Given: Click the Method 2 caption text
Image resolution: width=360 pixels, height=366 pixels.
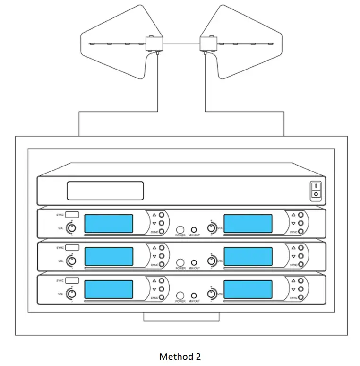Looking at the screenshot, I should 180,357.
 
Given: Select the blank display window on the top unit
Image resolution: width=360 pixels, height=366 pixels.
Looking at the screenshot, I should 105,191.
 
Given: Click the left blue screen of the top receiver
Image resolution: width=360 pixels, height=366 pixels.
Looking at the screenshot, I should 109,224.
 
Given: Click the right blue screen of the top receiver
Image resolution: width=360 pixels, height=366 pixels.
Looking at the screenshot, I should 248,224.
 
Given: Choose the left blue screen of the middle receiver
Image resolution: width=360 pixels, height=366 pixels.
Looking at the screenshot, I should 109,256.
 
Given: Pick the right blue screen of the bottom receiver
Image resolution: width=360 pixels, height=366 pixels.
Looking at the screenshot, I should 248,289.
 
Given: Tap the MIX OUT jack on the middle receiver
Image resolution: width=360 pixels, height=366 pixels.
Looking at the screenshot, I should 194,262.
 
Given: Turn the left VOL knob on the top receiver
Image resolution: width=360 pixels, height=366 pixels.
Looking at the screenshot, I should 71,228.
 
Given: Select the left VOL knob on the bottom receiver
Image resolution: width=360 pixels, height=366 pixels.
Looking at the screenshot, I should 71,294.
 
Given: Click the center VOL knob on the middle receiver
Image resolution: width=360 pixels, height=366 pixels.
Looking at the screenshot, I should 212,261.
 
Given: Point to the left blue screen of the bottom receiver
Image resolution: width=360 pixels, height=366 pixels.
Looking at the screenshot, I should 109,289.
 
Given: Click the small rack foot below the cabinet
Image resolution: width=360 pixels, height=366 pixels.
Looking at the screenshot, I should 181,316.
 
